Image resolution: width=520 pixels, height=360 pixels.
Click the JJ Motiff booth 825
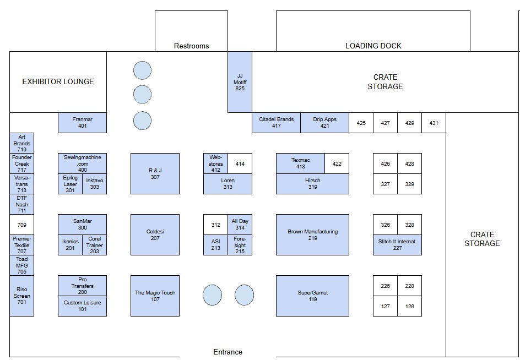click(240, 82)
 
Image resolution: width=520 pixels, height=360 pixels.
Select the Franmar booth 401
click(82, 123)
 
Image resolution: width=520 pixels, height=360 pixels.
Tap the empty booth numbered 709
click(22, 225)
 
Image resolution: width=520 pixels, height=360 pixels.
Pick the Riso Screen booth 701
click(22, 296)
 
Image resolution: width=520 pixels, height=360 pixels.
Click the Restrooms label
click(191, 46)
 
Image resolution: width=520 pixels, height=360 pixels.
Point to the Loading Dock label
click(373, 46)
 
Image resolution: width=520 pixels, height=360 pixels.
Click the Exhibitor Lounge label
click(58, 81)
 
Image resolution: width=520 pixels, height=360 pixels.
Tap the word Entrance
click(228, 352)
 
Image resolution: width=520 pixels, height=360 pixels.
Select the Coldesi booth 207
click(155, 234)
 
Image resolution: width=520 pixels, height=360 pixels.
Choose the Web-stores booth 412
click(215, 163)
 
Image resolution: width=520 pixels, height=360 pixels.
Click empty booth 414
click(240, 163)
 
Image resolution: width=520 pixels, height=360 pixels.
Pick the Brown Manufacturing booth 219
click(312, 234)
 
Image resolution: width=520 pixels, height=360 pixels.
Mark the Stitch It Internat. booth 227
click(397, 245)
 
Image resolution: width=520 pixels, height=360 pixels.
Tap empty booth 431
click(434, 123)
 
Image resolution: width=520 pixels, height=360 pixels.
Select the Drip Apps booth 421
click(324, 123)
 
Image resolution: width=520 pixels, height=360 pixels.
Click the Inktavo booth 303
click(95, 184)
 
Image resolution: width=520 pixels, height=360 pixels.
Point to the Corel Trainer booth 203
click(95, 245)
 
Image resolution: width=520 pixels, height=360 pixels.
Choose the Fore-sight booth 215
click(240, 245)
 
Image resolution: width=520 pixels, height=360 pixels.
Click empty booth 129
click(410, 306)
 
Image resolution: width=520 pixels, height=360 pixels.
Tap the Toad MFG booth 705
click(22, 265)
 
